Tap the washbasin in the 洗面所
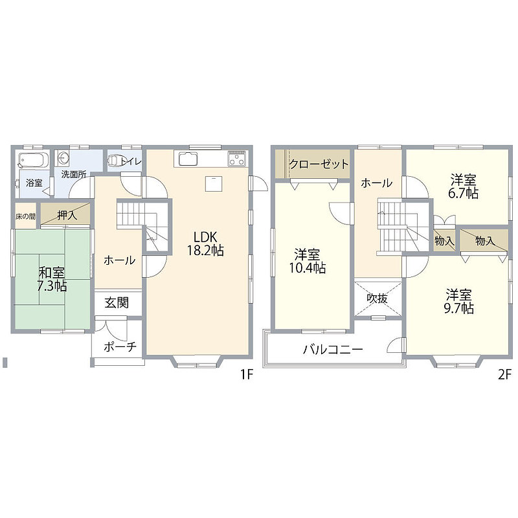tap(62, 158)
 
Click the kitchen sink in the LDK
tap(188, 159)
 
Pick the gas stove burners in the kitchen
tap(237, 159)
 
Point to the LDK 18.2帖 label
tap(205, 243)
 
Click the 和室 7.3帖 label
tap(52, 279)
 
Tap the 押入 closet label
tap(67, 215)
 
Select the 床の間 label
tap(25, 216)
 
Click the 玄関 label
tap(117, 302)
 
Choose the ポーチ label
tap(120, 346)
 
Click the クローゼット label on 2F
tap(319, 164)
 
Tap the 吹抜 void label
tap(377, 298)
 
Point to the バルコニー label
tap(333, 349)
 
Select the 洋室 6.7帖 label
tap(463, 186)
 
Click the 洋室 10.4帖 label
tap(308, 261)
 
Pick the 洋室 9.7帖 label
tap(458, 301)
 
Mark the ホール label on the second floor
tap(377, 183)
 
